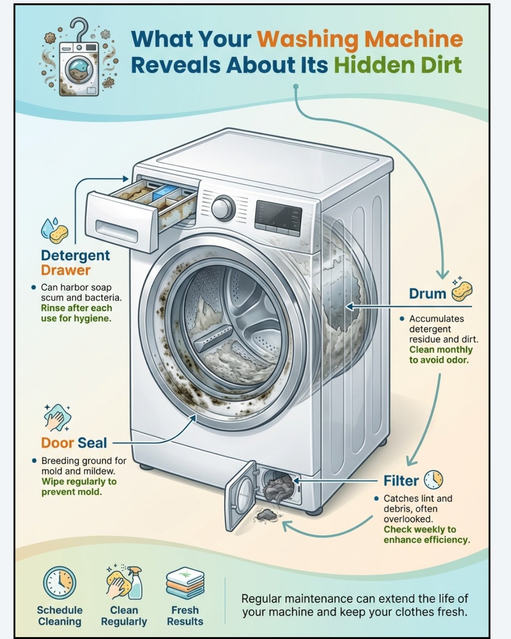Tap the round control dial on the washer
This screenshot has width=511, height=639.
[x=223, y=207]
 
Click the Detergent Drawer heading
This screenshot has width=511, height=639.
[x=75, y=263]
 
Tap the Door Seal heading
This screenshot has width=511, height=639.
[x=74, y=443]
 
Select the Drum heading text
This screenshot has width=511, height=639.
[x=428, y=293]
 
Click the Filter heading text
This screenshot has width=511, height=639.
[x=401, y=481]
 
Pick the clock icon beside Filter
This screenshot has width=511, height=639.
[x=433, y=479]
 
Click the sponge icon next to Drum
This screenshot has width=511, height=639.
[x=462, y=291]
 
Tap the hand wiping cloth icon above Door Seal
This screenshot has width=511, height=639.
[x=57, y=417]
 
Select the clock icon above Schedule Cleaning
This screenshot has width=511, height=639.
[x=60, y=583]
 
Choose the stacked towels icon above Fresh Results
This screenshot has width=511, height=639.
[x=185, y=585]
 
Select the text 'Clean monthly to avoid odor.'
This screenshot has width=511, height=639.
[x=441, y=355]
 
